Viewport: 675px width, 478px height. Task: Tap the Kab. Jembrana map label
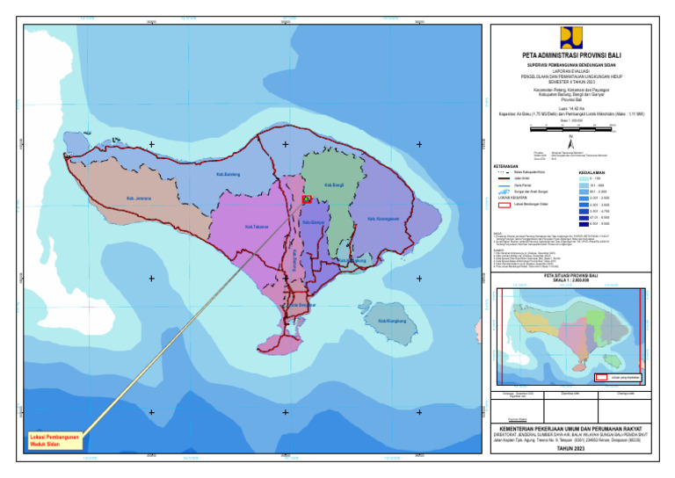tap(139, 199)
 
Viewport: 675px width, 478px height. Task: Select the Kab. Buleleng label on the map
tap(228, 175)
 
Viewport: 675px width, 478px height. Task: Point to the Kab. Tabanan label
tap(257, 227)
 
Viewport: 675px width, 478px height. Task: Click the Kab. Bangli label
tap(334, 185)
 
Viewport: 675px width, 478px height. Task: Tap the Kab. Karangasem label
tap(383, 219)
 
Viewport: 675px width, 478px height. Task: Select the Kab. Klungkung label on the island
tap(392, 321)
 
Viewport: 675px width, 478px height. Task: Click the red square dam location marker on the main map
tap(307, 199)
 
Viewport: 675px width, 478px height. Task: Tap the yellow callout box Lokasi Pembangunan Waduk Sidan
tap(54, 440)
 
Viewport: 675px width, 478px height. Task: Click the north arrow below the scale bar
tap(571, 139)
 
